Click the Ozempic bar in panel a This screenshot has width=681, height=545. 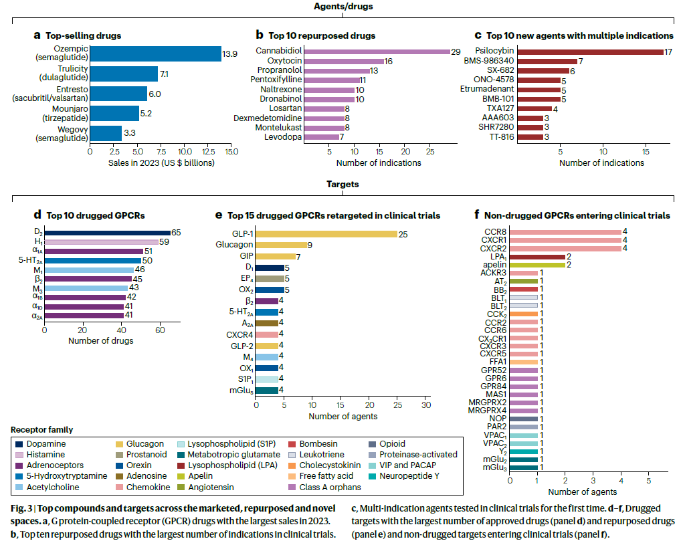coord(155,54)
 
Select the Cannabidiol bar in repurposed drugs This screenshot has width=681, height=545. coord(377,51)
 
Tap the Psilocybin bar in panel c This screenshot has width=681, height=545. coord(591,52)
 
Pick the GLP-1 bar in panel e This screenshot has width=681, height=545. coord(326,234)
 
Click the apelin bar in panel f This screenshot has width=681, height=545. coord(537,265)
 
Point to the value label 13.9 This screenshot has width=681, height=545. coord(229,54)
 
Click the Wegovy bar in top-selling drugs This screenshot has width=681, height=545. coord(106,133)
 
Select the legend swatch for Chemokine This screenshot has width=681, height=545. coord(119,487)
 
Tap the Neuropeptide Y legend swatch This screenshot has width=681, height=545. coord(372,476)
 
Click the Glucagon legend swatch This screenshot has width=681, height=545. coord(119,444)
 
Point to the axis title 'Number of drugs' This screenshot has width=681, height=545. coord(101,341)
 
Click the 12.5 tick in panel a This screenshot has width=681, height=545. coord(209,152)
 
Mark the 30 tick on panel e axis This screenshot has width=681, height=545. coord(426,405)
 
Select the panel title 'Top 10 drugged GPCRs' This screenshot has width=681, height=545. coord(96,215)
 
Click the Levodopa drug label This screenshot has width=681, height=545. coord(283,137)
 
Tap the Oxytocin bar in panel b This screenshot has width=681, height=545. coord(344,62)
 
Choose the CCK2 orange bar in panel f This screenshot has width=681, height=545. coord(524,314)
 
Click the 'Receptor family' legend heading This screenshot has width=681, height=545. coord(41,429)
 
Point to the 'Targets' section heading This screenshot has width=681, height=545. coord(343,184)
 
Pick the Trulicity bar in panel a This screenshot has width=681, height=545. coord(124,74)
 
